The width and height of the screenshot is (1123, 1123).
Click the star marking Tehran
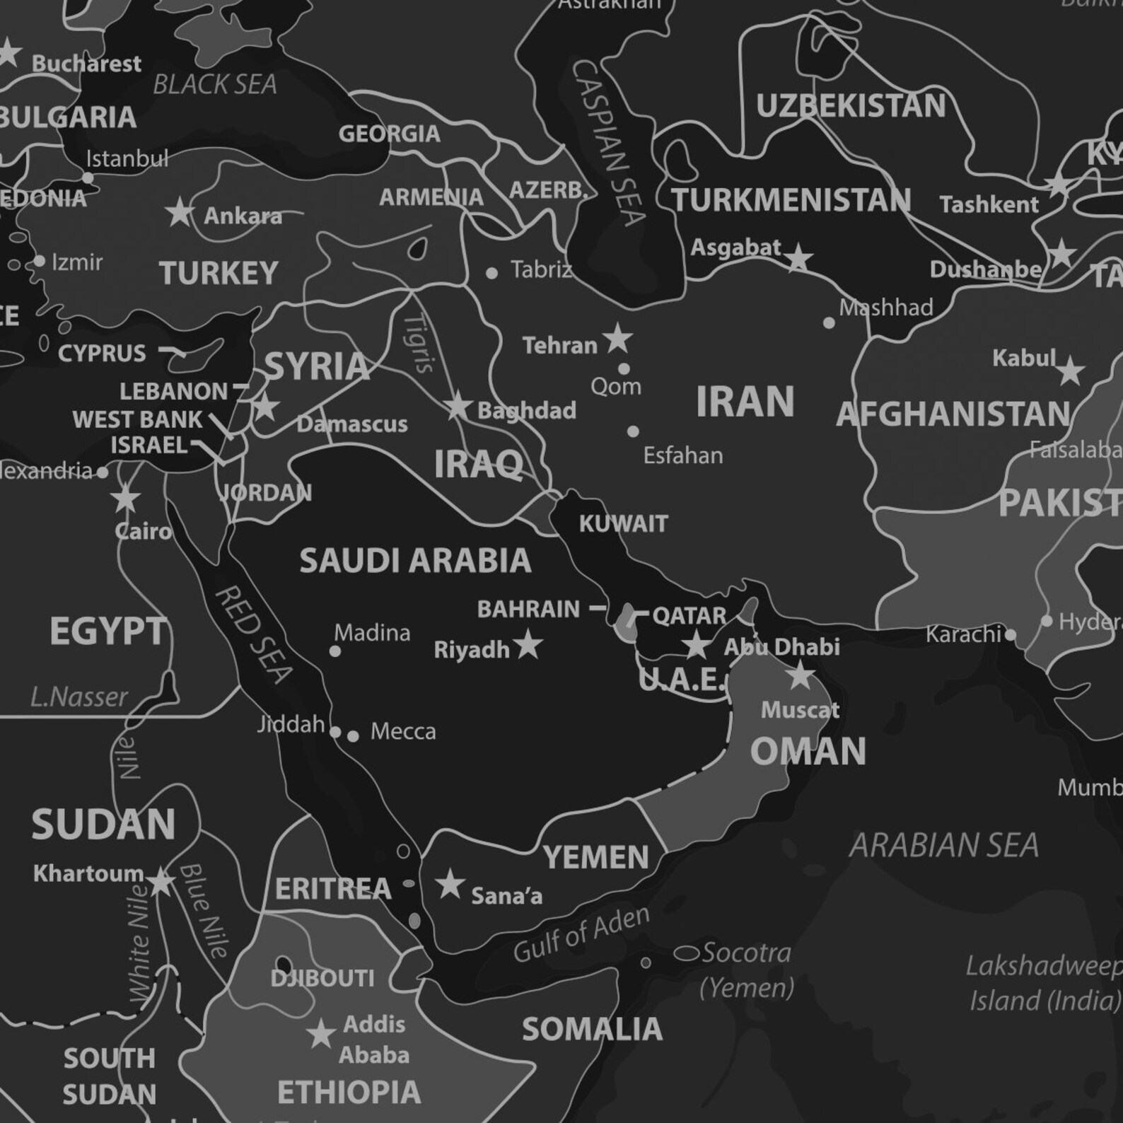617,339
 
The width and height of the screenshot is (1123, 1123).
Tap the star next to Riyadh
528,645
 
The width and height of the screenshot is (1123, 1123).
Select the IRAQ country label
479,465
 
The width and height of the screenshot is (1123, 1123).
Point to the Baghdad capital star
458,407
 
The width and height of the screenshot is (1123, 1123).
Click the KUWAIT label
623,524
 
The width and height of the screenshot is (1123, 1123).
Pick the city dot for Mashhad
829,323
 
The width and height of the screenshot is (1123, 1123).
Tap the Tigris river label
419,343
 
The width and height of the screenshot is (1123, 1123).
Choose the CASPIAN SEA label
608,141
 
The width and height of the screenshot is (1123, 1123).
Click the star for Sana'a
450,885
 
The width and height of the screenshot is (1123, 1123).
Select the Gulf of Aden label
581,935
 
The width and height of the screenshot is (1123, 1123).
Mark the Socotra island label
746,953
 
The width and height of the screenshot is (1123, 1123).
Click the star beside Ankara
180,212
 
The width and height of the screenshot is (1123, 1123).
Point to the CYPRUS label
102,353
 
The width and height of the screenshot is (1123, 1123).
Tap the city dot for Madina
335,651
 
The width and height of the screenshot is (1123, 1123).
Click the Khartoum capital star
161,881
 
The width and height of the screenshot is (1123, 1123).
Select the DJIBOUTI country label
322,979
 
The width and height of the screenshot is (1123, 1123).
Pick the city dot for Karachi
1011,635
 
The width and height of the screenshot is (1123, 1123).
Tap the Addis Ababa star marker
321,1034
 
